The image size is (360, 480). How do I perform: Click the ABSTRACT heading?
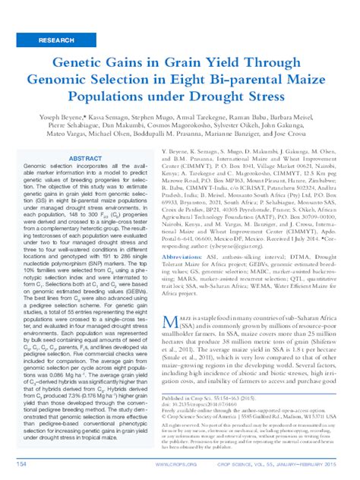coord(85,159)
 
